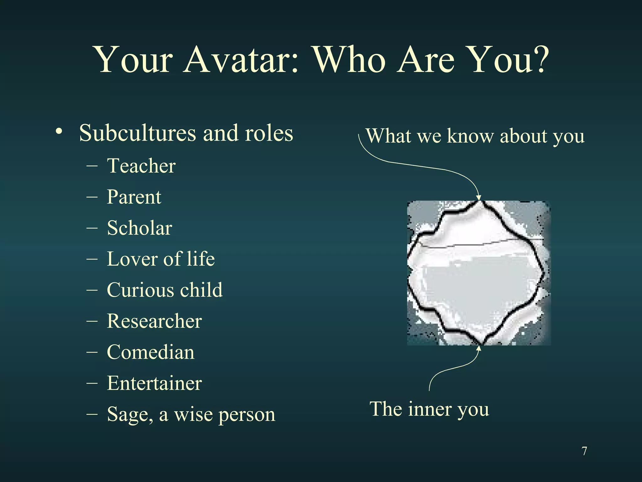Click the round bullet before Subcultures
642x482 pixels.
pos(59,131)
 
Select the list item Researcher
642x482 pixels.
pos(154,321)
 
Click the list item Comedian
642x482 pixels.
pos(150,352)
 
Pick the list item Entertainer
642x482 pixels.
pos(154,383)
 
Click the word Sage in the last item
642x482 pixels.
pos(130,415)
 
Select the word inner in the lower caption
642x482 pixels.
pos(429,409)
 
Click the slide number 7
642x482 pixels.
pos(584,451)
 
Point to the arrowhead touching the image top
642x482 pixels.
pos(479,197)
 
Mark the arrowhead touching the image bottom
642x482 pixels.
pos(479,348)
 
